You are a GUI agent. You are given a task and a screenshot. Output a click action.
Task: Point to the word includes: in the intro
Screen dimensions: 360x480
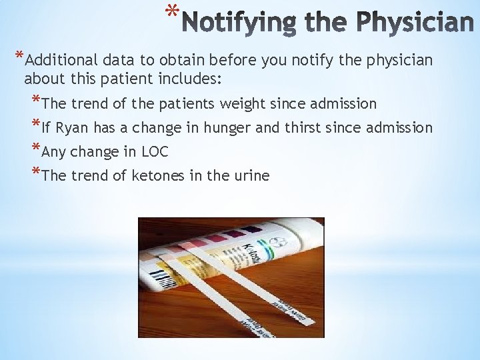191,79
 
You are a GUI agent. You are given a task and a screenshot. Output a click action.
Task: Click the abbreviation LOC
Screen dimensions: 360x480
155,152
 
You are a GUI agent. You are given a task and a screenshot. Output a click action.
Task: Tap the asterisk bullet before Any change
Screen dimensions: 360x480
35,151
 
